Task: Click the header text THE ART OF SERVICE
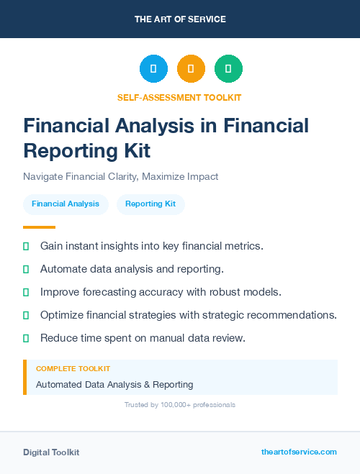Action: pos(180,19)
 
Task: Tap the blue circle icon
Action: pos(153,69)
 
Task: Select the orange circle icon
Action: pos(191,69)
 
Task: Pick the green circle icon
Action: pos(228,69)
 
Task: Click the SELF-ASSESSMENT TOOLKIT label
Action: pos(179,97)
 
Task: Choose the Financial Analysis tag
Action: pos(66,204)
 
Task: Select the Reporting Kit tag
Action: pos(150,204)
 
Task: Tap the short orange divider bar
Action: pos(29,227)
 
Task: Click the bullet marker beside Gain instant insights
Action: pos(26,247)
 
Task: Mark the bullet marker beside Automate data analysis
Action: pos(26,270)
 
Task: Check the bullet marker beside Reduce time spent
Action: pos(26,338)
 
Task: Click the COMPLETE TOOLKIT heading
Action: pos(73,368)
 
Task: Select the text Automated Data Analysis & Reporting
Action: pos(114,385)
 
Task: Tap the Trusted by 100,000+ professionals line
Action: pos(179,405)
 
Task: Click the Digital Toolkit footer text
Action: pos(51,452)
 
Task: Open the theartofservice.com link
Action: pos(299,452)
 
